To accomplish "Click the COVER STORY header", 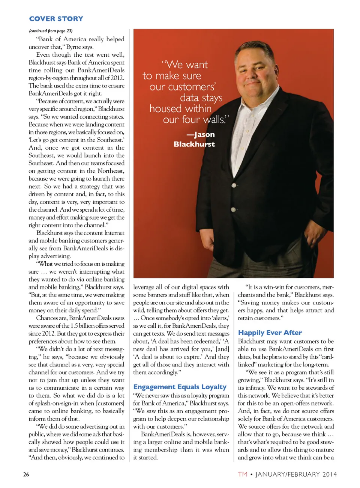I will tap(56, 19).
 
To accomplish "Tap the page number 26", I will tap(26, 474).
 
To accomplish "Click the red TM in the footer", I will tap(243, 474).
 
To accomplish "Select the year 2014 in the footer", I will tap(330, 474).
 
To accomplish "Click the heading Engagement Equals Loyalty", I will tap(180, 387).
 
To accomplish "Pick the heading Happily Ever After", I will tap(270, 333).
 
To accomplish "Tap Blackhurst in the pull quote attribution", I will tap(194, 144).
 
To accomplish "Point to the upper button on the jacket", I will tap(234, 185).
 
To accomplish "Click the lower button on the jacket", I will tap(233, 210).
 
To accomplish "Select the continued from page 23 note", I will tap(51, 31).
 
